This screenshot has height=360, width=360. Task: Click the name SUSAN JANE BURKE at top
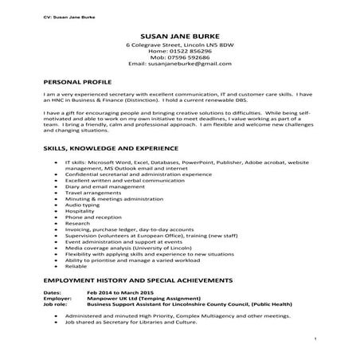click(x=179, y=37)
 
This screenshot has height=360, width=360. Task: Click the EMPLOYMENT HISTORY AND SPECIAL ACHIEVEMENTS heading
click(x=139, y=282)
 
